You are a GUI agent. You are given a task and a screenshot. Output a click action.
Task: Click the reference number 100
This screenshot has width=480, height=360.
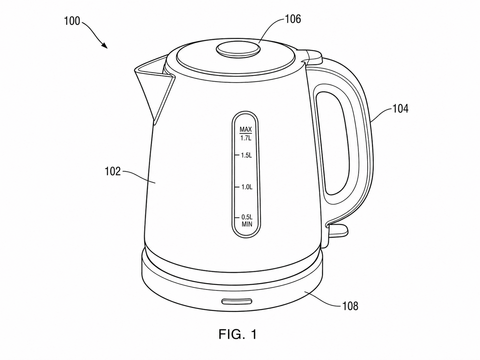pos(72,21)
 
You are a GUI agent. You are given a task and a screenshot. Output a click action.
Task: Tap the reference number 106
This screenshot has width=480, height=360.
pos(293,19)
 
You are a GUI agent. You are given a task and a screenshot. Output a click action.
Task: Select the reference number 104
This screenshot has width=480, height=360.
pos(400,109)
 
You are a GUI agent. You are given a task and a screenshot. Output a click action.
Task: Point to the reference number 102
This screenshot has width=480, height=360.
pos(113,171)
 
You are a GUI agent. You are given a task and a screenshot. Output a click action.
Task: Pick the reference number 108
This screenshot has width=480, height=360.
pos(350,306)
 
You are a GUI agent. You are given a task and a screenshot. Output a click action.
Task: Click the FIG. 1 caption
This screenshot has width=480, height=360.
pos(237,334)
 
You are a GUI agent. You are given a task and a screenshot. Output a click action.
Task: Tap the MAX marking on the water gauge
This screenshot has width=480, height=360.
pos(246,129)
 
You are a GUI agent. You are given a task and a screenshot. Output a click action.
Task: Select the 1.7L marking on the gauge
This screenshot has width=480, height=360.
pos(246,138)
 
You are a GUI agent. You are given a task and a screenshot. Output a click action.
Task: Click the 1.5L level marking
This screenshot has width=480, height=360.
pos(246,155)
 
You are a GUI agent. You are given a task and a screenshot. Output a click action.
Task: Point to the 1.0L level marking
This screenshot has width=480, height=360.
pos(247,187)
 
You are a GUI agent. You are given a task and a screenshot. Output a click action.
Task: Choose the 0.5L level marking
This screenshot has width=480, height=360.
pos(247,217)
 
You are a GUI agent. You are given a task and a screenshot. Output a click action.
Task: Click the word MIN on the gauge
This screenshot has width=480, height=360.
pos(247,224)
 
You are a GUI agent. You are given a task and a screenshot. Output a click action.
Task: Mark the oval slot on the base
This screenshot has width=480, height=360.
pos(237,302)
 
